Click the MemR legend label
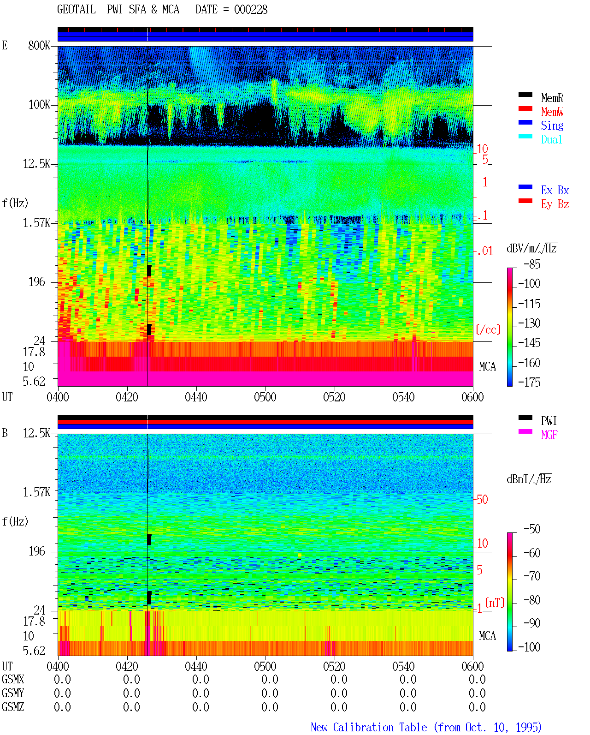[552, 98]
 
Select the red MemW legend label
[552, 112]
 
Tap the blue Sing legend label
[552, 125]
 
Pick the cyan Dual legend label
[551, 139]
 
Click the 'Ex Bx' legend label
[555, 190]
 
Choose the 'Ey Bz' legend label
[555, 204]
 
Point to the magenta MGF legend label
[549, 435]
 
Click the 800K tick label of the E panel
[39, 45]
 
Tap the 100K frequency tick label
[39, 105]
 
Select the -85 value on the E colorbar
[532, 264]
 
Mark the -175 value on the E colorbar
[529, 382]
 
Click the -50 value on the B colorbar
[532, 529]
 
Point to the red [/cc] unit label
[488, 329]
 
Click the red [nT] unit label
[495, 602]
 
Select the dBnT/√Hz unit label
[529, 479]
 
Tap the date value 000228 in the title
[250, 10]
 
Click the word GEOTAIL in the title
[77, 10]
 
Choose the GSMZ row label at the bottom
[13, 707]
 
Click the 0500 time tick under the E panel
[265, 397]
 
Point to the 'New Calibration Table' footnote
[369, 727]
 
